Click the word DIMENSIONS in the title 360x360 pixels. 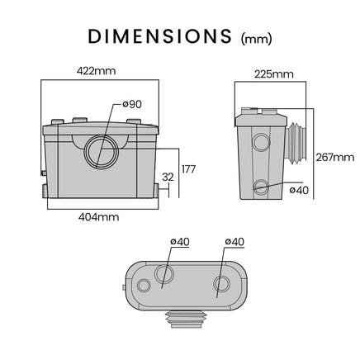[x=159, y=36]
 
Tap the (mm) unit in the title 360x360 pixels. [x=257, y=39]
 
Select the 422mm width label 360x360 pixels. [x=96, y=71]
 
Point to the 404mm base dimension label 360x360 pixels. [x=99, y=217]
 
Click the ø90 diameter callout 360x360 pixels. [x=132, y=104]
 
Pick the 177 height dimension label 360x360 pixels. [x=188, y=169]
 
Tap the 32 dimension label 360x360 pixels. [x=168, y=178]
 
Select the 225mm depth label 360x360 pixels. [x=274, y=74]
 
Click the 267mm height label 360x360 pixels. [x=335, y=158]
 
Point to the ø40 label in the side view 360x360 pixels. [x=299, y=190]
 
